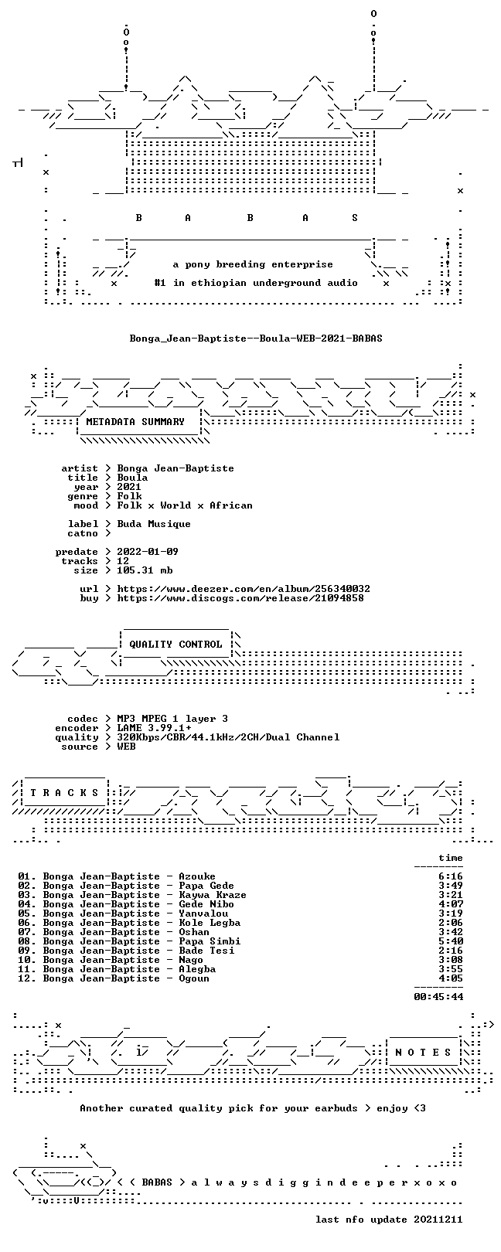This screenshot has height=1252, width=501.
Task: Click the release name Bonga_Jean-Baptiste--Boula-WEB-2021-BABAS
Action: coord(256,339)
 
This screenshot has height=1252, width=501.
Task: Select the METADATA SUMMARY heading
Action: coord(135,422)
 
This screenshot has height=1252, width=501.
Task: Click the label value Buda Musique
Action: coord(154,524)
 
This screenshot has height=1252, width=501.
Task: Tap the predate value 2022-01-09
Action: coord(148,552)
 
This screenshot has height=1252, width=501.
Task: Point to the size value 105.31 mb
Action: coord(145,570)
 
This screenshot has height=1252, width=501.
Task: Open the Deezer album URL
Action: coord(244,589)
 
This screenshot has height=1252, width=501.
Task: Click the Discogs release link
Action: coord(240,598)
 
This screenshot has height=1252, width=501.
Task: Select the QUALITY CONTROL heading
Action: coord(176,645)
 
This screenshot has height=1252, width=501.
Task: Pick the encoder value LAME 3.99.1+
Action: coord(154,728)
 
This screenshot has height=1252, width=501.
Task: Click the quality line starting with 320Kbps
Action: coord(228,737)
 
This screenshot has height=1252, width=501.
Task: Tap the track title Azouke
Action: coord(197,876)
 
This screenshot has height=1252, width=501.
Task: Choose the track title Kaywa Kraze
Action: coord(213,895)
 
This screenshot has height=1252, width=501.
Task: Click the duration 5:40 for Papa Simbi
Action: coord(451,941)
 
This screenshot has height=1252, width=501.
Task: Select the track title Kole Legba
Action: coord(210,923)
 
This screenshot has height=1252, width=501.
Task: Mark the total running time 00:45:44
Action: coord(438,996)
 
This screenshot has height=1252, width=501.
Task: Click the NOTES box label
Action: coord(423,1053)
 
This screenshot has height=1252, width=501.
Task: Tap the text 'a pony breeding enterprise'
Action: coord(253,264)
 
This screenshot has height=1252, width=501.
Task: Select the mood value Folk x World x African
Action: coord(185,505)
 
